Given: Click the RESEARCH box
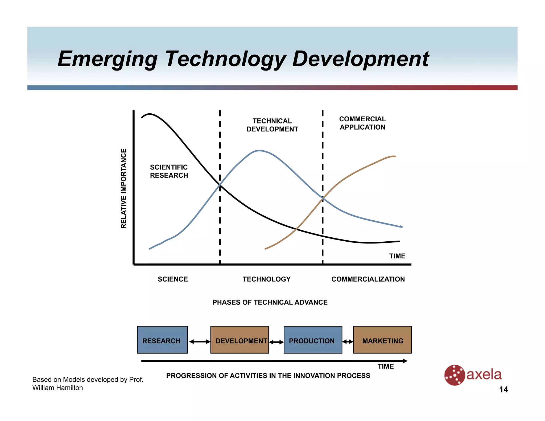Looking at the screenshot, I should click(162, 340).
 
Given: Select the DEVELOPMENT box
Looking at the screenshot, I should click(240, 340).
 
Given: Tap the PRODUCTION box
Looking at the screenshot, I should click(313, 340).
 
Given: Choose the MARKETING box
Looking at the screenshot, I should click(382, 340).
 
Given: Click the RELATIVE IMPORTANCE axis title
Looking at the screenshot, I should click(123, 188).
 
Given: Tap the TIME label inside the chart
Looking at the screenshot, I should click(397, 256).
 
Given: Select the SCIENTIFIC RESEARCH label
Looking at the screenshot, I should click(169, 171).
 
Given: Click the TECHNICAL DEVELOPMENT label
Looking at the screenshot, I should click(272, 125).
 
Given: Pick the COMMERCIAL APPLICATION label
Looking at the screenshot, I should click(362, 123).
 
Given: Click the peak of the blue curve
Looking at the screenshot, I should click(259, 151).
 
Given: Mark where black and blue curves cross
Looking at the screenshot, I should click(220, 185).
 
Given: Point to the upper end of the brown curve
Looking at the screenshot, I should click(395, 156).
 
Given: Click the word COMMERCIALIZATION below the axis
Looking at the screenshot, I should click(368, 279).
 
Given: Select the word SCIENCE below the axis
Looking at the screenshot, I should click(173, 279).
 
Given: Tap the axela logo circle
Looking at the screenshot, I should click(455, 375).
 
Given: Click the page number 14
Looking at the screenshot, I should click(503, 390).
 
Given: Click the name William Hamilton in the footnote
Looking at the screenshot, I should click(57, 388).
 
